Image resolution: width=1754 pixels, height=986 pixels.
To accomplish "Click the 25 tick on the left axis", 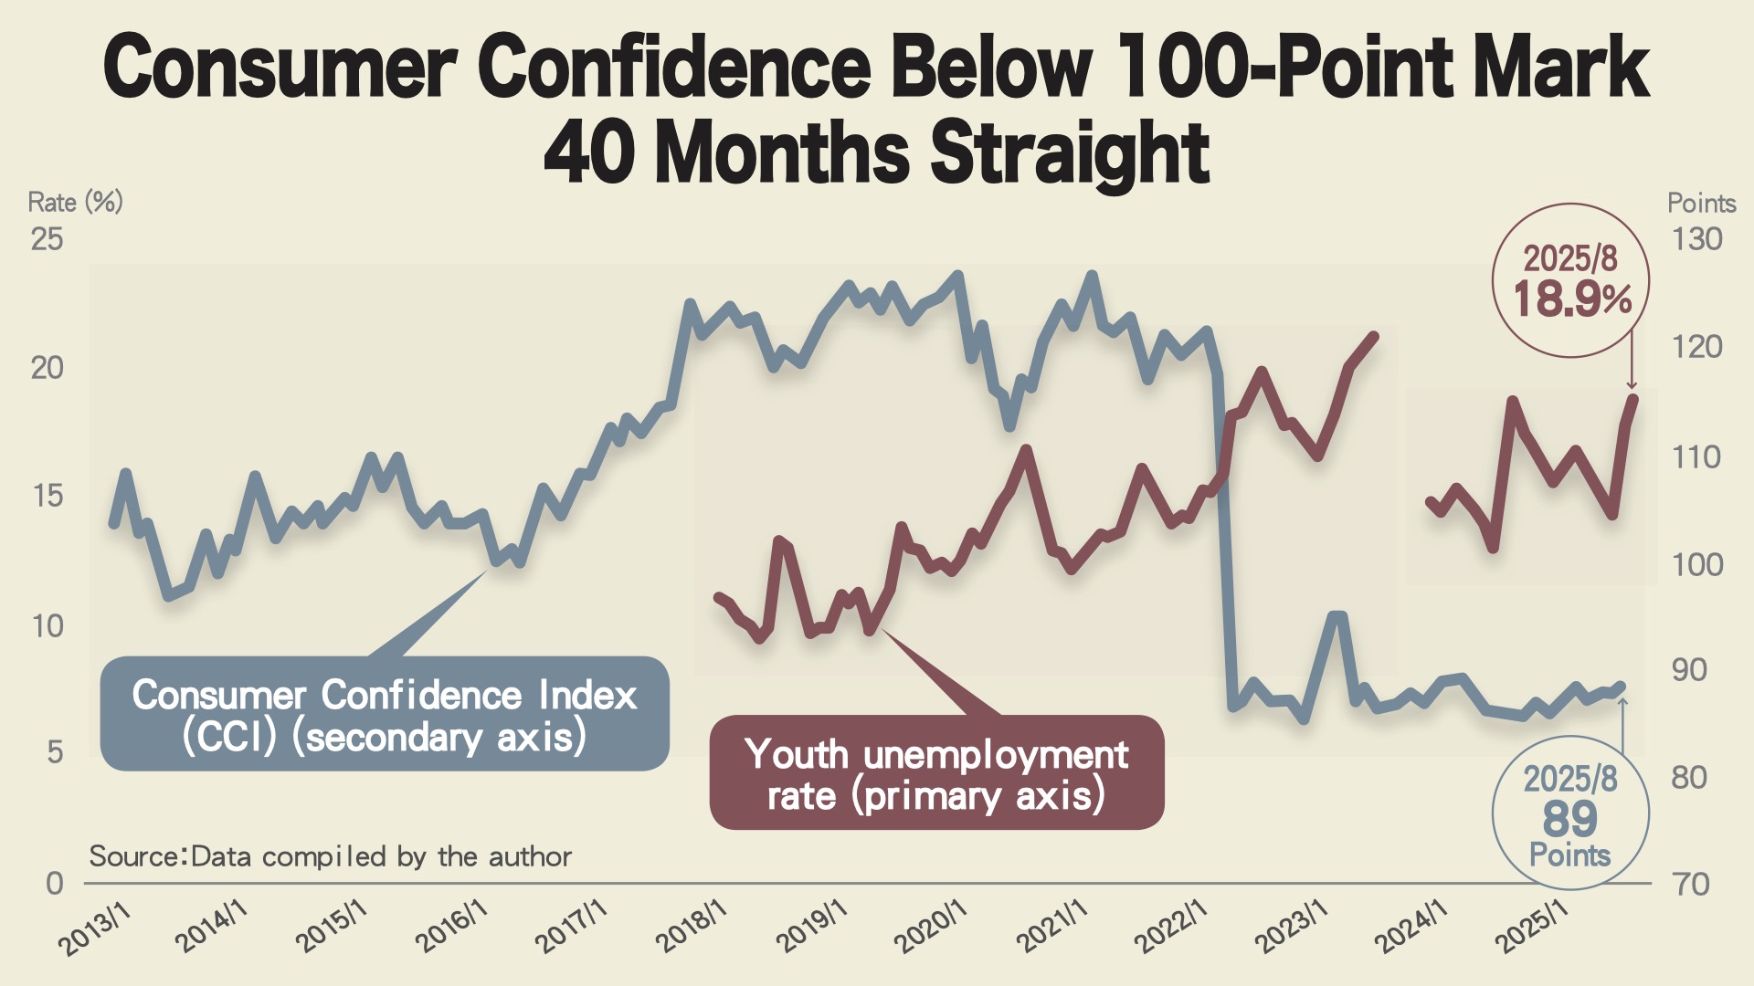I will pyautogui.click(x=48, y=239).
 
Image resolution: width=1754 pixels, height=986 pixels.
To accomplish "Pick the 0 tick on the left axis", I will pyautogui.click(x=55, y=883).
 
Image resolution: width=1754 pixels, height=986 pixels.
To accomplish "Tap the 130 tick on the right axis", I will pyautogui.click(x=1696, y=239).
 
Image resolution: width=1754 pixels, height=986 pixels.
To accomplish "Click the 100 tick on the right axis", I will pyautogui.click(x=1696, y=564).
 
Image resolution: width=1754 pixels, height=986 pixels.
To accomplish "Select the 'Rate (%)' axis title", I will pyautogui.click(x=75, y=202).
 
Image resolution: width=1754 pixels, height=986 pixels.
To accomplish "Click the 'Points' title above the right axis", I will pyautogui.click(x=1701, y=203).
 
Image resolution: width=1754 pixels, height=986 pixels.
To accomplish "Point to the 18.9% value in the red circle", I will pyautogui.click(x=1572, y=299).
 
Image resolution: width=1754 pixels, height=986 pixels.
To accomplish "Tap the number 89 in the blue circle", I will pyautogui.click(x=1570, y=818).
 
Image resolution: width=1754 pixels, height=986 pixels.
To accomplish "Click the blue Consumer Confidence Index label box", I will pyautogui.click(x=385, y=714).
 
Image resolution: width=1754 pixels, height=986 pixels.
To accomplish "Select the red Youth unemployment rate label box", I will pyautogui.click(x=936, y=773).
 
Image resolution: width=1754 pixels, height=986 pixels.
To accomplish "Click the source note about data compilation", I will pyautogui.click(x=330, y=856).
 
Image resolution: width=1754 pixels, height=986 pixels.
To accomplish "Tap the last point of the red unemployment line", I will pyautogui.click(x=1632, y=398).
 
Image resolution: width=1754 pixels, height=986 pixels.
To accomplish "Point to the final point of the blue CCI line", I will pyautogui.click(x=1621, y=686).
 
